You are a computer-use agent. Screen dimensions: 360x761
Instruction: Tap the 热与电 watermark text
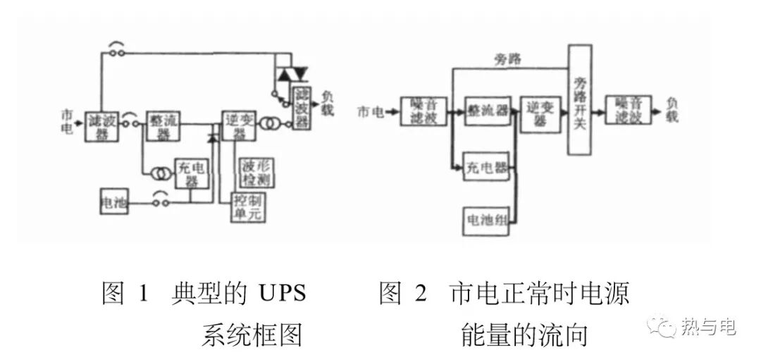(708, 327)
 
